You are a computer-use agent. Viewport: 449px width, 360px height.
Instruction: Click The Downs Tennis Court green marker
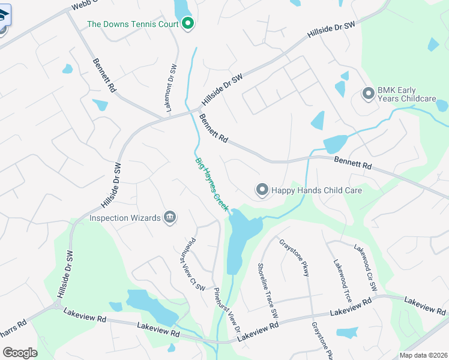click(187, 24)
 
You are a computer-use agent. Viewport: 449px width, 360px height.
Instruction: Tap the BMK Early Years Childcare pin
click(368, 94)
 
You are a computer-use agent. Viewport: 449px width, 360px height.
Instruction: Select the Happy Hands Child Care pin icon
click(262, 190)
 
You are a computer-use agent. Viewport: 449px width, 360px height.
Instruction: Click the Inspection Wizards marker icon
click(170, 217)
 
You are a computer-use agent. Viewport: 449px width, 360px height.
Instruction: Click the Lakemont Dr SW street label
click(170, 89)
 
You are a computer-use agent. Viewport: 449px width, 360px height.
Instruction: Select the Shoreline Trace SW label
click(268, 290)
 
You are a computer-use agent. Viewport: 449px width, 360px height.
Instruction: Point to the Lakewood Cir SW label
click(365, 268)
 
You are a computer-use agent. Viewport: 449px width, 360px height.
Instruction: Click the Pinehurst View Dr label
click(228, 310)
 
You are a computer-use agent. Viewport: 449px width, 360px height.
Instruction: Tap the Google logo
click(20, 353)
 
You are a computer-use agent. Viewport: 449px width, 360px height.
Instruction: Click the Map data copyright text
click(422, 355)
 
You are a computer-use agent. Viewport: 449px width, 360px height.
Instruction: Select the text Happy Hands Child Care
click(317, 190)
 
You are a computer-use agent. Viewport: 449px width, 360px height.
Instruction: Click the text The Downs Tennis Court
click(133, 24)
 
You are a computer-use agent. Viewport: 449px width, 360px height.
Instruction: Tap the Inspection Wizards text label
click(125, 217)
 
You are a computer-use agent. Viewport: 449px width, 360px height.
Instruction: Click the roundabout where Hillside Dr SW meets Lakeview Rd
click(58, 305)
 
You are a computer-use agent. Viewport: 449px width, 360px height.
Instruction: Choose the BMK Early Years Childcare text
click(406, 94)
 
